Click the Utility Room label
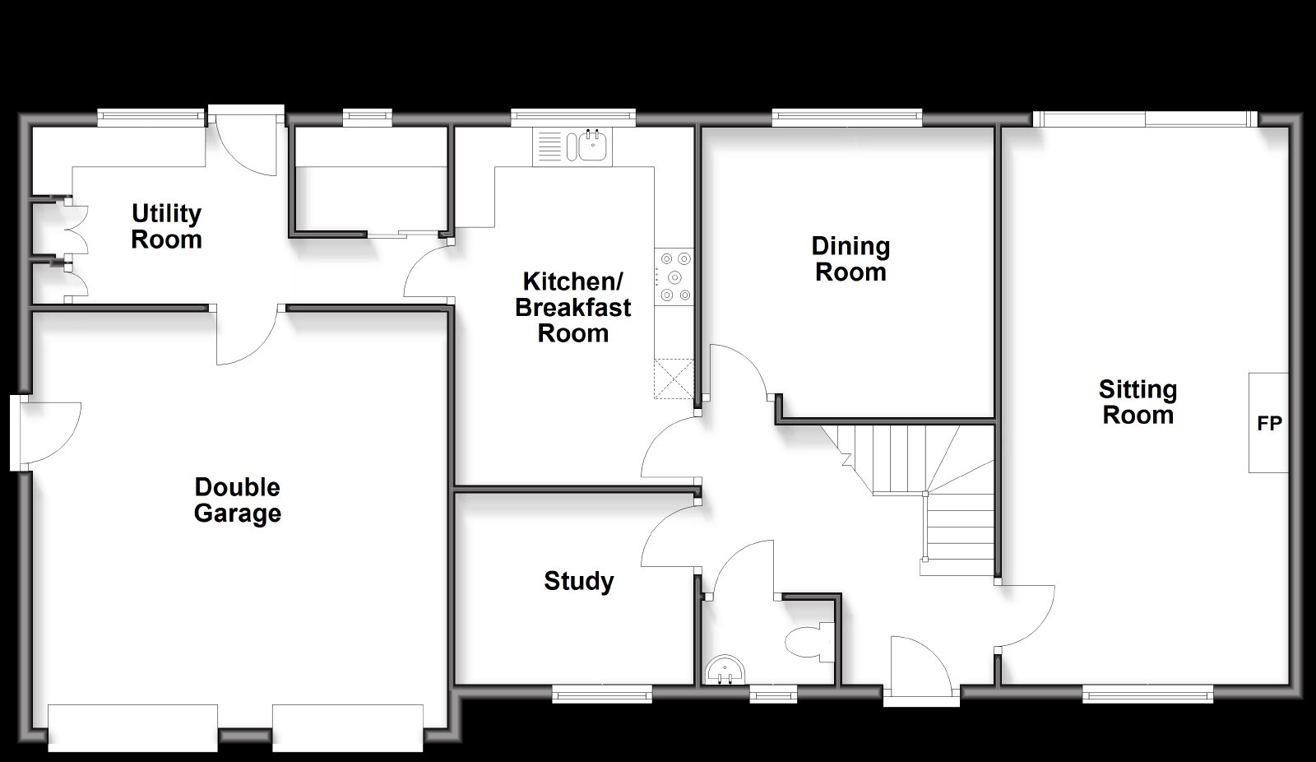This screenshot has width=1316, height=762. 166,226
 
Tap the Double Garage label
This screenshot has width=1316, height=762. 238,500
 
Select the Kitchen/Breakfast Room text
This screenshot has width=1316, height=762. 572,308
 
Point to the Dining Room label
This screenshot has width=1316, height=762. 850,259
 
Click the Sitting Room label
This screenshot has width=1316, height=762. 1138,402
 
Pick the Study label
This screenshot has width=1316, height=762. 579,582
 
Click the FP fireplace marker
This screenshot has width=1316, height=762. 1269,423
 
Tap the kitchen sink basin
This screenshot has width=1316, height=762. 591,145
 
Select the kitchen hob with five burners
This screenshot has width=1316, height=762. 674,277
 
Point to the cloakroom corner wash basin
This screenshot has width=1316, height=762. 725,671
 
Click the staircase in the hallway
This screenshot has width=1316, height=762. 916,499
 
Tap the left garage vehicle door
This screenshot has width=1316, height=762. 132,728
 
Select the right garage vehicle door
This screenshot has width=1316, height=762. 348,728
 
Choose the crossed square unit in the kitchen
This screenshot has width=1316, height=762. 674,379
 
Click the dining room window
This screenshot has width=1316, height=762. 846,118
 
